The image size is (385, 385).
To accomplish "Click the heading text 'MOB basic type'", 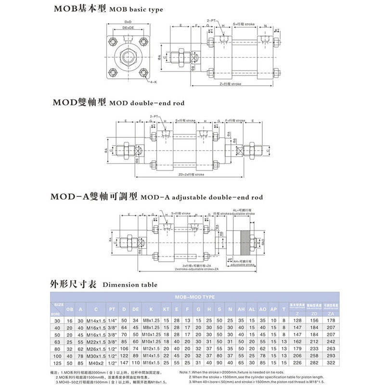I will click(x=136, y=9).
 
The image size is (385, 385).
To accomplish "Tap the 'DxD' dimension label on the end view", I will click(x=128, y=22).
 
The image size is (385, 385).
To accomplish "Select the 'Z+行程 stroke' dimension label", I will click(x=231, y=84).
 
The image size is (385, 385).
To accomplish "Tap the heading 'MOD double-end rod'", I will click(x=147, y=103).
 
